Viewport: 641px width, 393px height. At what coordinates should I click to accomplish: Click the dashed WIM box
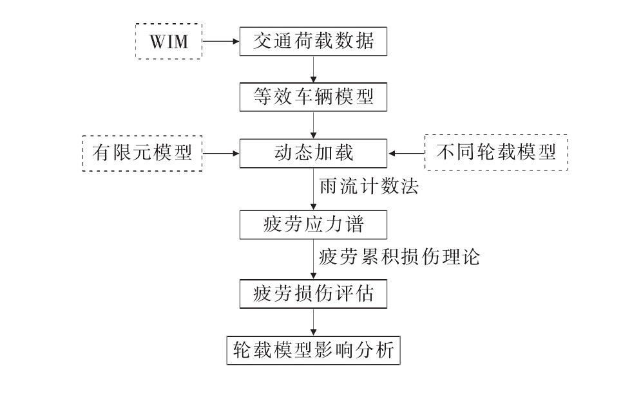click(x=168, y=43)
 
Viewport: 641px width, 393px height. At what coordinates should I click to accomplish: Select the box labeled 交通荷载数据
click(x=314, y=43)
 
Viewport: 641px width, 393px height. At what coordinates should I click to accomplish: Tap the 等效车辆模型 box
click(x=314, y=98)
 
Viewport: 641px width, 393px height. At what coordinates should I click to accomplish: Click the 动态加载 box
click(x=314, y=153)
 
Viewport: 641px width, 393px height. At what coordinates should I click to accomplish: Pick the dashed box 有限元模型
click(x=142, y=153)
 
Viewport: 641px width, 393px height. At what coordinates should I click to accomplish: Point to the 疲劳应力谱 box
click(x=314, y=225)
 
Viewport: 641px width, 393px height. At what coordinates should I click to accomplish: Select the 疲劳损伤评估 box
click(x=314, y=294)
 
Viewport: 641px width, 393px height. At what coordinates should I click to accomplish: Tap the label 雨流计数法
click(x=369, y=188)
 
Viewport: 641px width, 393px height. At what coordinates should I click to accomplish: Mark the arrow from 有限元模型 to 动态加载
click(x=220, y=153)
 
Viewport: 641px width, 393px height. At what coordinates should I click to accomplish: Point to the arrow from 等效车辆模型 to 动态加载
click(x=314, y=125)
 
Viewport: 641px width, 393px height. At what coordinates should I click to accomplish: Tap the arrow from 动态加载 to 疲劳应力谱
click(x=314, y=189)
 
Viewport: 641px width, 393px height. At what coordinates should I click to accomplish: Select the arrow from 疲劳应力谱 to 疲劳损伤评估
click(x=314, y=259)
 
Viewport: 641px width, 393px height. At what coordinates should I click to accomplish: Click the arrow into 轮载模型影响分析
click(x=314, y=322)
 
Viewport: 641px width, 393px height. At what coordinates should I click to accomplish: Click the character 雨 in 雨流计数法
click(x=328, y=188)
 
